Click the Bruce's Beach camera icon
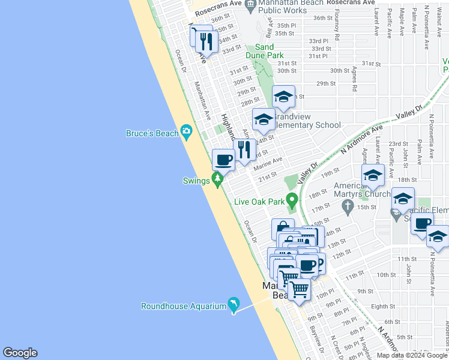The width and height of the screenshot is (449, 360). tap(186, 131)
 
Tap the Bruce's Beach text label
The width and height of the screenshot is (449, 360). tap(152, 133)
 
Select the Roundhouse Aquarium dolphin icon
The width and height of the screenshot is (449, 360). tap(232, 305)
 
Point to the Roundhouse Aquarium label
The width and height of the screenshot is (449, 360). tap(183, 306)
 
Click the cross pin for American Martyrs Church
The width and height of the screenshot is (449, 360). tap(347, 207)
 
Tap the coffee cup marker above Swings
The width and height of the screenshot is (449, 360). tap(224, 160)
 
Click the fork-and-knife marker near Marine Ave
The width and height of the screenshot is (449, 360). tap(244, 149)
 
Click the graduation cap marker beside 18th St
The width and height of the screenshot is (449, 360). tap(373, 175)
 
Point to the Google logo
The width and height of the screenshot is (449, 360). tap(20, 353)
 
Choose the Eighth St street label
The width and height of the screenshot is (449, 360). tap(384, 306)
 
